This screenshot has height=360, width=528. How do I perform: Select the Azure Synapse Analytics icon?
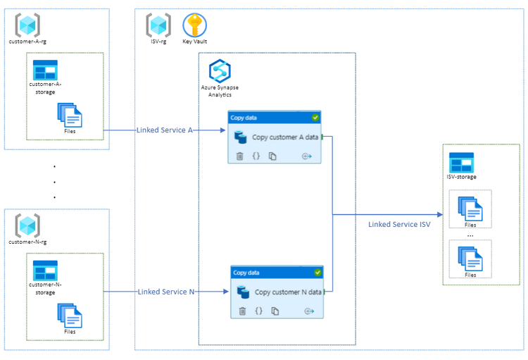point(220,72)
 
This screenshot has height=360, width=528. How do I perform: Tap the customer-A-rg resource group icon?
point(27,25)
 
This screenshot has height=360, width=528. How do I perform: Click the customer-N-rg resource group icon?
point(27,225)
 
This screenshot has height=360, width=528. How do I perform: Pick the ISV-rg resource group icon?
point(158,25)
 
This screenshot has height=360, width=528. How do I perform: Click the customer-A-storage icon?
point(46,70)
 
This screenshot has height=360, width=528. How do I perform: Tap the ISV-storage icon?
point(461,163)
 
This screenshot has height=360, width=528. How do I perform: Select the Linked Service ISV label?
point(398,225)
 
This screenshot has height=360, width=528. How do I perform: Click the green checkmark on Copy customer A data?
point(315,118)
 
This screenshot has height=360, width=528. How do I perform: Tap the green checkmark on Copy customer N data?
point(318,272)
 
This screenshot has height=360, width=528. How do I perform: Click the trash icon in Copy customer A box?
point(239,156)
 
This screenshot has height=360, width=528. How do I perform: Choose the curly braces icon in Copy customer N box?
point(259,311)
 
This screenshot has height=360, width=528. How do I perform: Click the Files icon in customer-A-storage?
point(70,115)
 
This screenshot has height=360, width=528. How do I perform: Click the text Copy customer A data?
point(285,138)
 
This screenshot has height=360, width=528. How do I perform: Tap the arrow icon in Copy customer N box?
point(310,311)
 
